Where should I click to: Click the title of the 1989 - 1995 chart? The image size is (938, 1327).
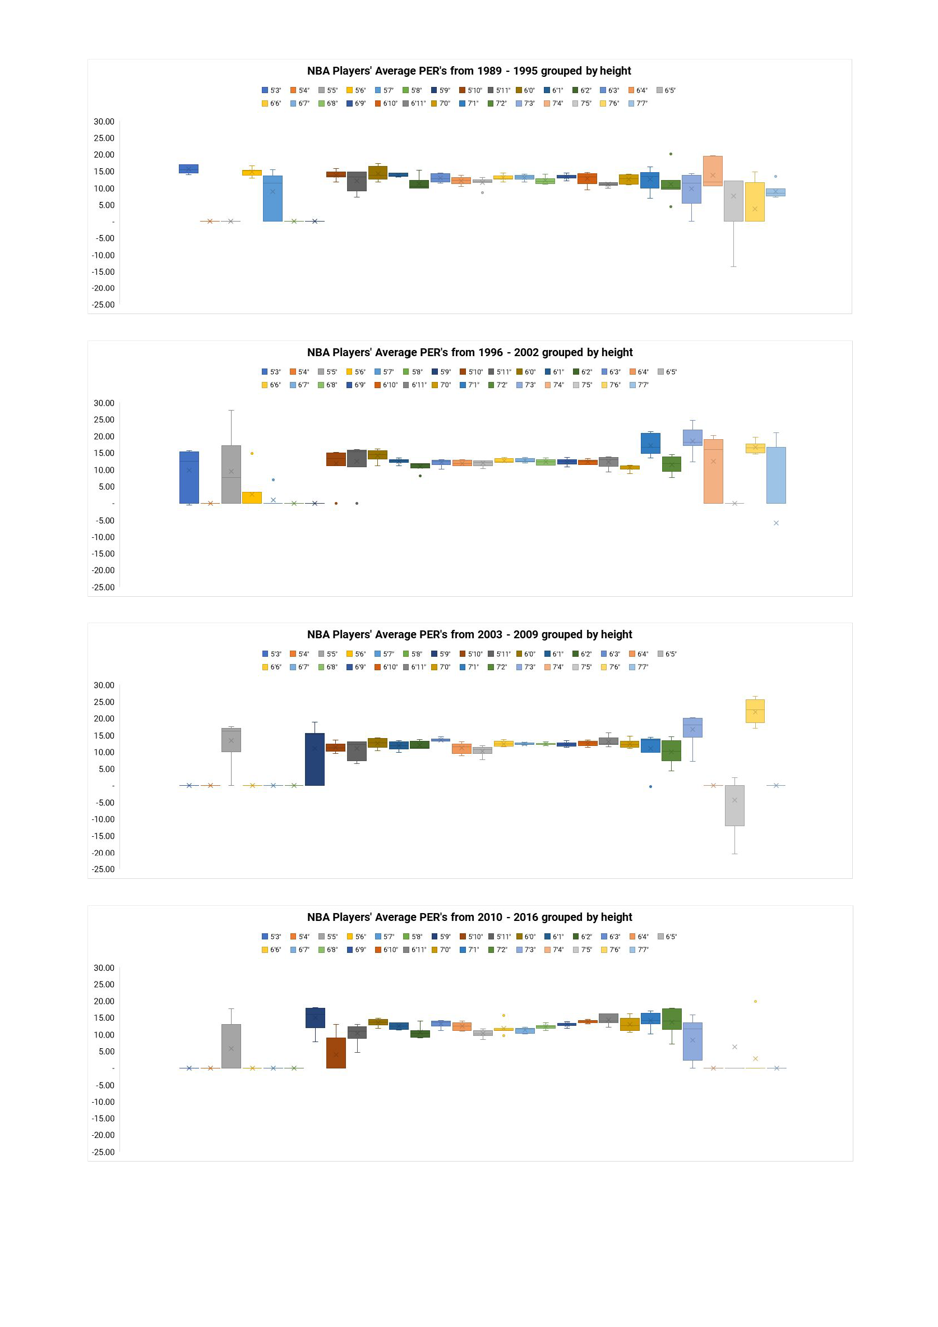[468, 71]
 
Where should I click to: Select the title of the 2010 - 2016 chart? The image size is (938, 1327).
[469, 917]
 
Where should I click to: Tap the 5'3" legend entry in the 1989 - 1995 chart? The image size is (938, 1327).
[271, 90]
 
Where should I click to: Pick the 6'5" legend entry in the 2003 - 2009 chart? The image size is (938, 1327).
[667, 653]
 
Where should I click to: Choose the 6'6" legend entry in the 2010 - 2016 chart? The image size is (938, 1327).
[271, 950]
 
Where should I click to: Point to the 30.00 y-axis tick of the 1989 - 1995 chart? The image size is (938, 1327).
[104, 122]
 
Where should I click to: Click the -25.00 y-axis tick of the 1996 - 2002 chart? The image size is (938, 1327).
[103, 587]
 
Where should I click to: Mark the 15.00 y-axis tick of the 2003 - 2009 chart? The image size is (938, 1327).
[104, 736]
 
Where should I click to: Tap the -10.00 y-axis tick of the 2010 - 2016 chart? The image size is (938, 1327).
[103, 1102]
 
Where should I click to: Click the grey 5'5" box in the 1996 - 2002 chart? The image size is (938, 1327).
[231, 474]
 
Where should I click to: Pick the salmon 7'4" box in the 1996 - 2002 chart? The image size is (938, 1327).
[713, 471]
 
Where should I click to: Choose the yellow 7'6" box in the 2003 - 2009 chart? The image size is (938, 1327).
[755, 711]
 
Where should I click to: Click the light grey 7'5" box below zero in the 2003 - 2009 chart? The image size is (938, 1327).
[734, 805]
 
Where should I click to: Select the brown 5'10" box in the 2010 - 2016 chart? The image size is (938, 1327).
[336, 1053]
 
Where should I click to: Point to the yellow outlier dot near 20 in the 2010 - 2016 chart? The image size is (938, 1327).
[755, 1002]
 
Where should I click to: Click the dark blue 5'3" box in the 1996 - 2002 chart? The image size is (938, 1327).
[189, 477]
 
